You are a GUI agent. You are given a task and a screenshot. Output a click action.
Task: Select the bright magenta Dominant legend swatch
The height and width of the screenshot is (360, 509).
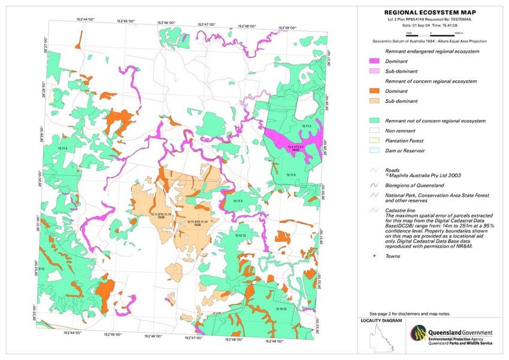377,61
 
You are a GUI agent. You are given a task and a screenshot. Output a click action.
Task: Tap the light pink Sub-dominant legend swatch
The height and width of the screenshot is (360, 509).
377,71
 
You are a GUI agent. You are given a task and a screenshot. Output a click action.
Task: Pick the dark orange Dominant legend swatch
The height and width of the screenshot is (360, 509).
377,91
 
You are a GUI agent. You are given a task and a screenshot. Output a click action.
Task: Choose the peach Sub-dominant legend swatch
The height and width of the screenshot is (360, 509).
377,101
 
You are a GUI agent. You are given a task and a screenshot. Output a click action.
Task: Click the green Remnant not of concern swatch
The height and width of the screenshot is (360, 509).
377,120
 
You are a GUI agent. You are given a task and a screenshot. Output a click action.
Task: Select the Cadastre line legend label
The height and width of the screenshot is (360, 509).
402,210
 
